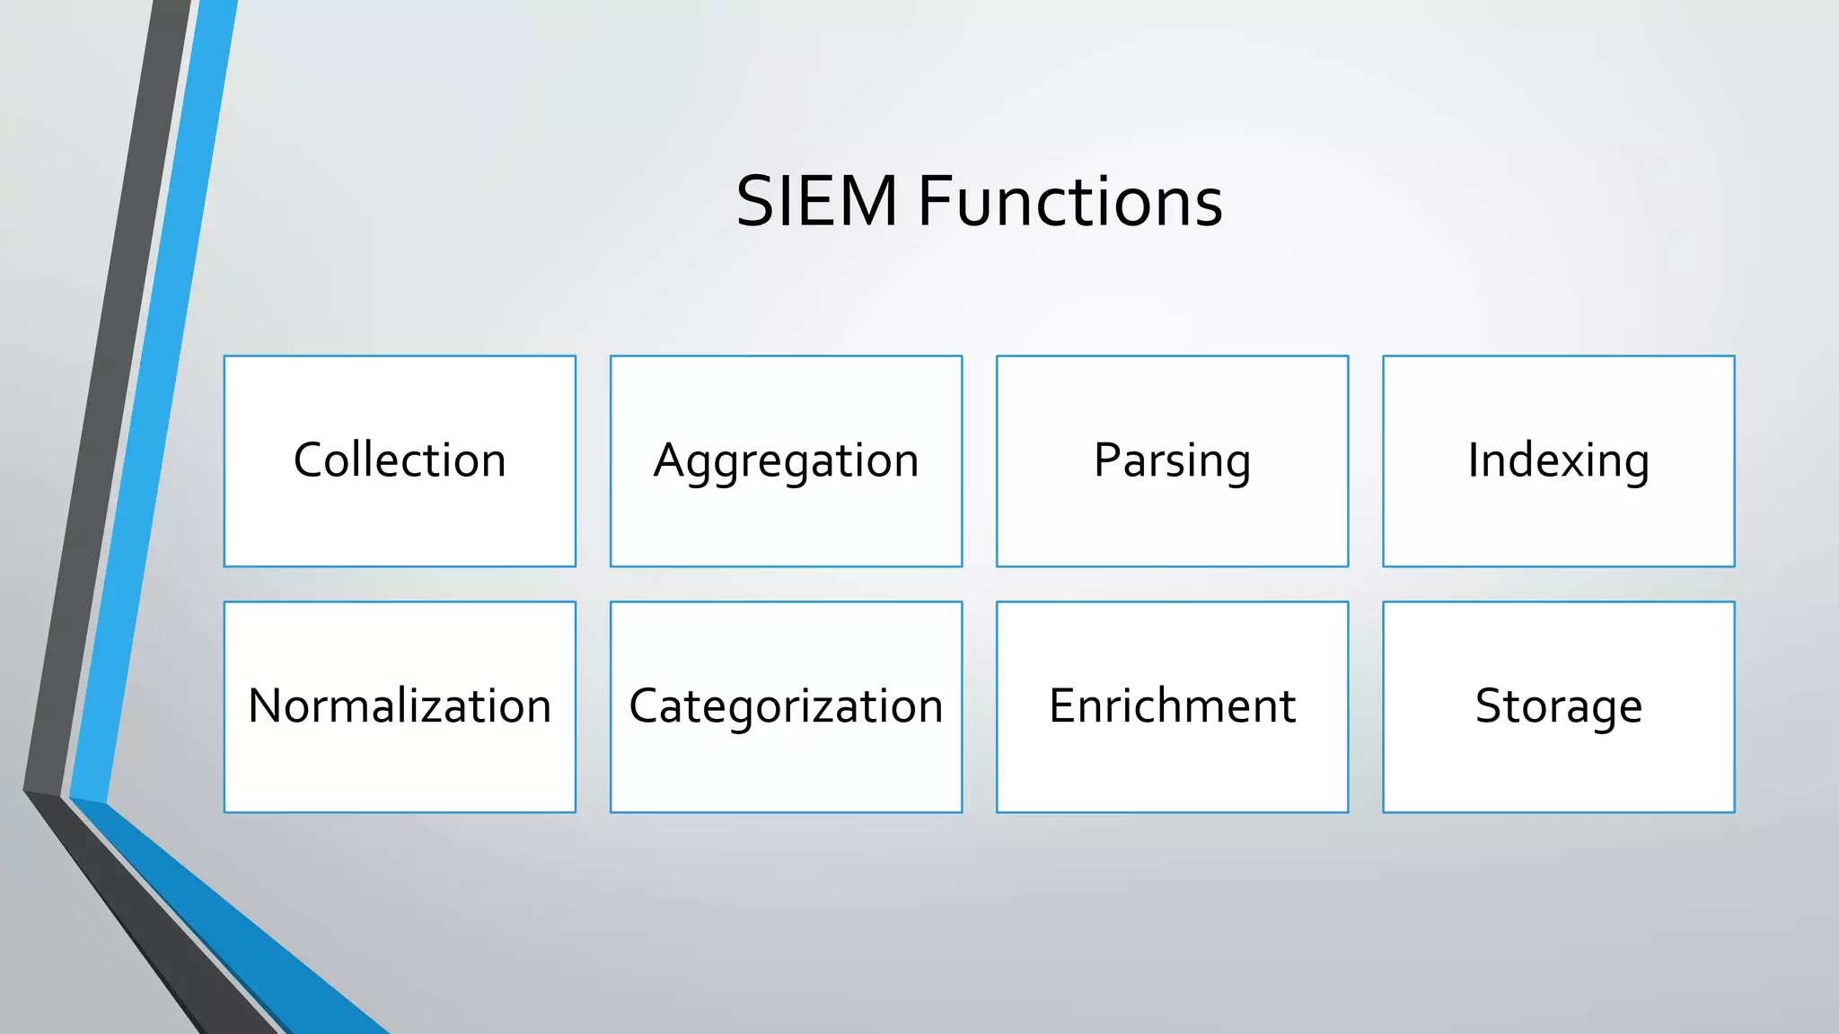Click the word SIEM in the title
[816, 201]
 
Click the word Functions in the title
[1069, 201]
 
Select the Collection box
[400, 461]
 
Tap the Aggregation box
[786, 461]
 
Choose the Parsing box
[1172, 461]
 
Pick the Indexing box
[1558, 461]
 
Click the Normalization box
[400, 706]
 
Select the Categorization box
[786, 706]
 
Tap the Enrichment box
[1172, 706]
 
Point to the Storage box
[1558, 706]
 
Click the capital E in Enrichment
[1062, 705]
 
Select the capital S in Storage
[1490, 705]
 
